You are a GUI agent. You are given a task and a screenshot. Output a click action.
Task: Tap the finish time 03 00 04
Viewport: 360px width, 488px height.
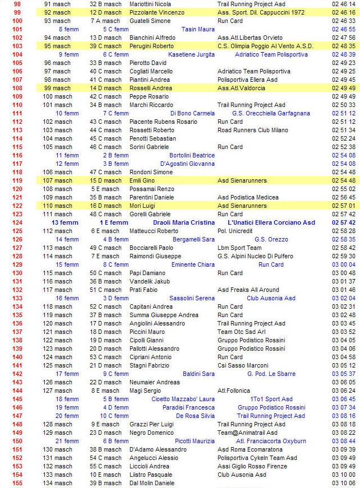344,264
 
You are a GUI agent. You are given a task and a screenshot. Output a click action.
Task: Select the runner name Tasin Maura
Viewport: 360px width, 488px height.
198,29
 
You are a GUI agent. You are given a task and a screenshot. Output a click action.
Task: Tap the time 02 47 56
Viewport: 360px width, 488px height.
344,38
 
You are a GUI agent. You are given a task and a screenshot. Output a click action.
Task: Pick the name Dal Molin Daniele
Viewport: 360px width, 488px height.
152,483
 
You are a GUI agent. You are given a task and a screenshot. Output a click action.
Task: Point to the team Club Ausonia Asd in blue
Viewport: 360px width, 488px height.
271,298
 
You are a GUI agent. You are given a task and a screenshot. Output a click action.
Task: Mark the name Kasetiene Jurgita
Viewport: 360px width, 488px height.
191,54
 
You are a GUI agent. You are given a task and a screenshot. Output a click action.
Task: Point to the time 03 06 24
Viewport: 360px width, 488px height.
344,391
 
